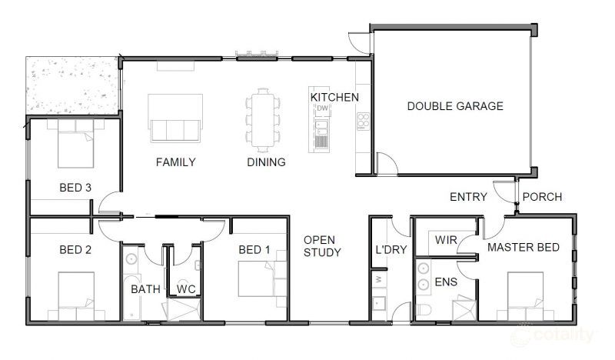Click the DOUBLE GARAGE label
(455, 106)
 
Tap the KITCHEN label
(334, 98)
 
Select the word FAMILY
(175, 162)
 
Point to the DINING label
(266, 162)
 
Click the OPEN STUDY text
(321, 245)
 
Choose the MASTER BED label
(523, 247)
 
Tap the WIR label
(446, 240)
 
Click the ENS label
(445, 282)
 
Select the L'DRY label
(391, 250)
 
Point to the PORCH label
(542, 197)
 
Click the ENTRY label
(468, 197)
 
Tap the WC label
(187, 289)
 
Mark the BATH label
(145, 289)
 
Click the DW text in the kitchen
(322, 108)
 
